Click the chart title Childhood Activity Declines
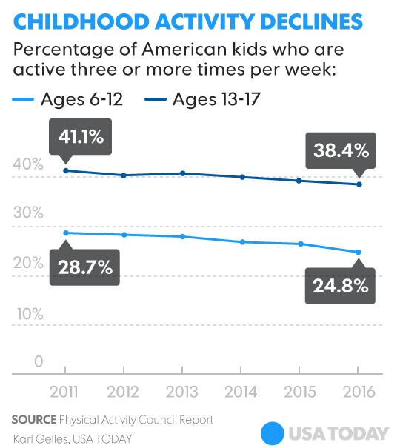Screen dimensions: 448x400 point(188,21)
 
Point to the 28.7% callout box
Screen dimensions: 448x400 point(81,266)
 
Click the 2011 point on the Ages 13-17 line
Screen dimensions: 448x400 point(65,171)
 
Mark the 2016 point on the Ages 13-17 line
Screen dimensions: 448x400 point(358,184)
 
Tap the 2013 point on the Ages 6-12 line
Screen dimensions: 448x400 point(182,236)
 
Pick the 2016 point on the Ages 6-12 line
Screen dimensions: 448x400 point(358,253)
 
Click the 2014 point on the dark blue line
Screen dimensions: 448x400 point(241,177)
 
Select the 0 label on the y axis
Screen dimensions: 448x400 point(38,362)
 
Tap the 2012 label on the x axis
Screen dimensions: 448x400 point(124,391)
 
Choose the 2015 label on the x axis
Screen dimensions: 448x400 point(299,391)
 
